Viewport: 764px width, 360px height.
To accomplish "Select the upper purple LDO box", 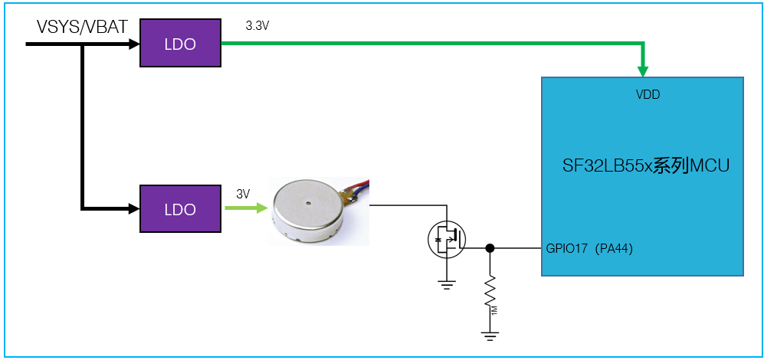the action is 180,44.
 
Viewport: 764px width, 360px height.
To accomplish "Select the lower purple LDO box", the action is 180,208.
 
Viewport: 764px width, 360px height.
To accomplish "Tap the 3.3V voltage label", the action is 257,26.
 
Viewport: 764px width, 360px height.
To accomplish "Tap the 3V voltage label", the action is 243,194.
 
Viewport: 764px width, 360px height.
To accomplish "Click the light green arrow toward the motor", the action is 247,208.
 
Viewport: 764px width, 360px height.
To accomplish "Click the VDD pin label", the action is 648,95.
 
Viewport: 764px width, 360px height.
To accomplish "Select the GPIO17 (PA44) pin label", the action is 589,250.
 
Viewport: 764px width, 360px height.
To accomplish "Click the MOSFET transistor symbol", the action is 447,239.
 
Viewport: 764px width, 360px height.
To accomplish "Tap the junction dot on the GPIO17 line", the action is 490,248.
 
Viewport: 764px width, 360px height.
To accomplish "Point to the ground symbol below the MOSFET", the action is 447,285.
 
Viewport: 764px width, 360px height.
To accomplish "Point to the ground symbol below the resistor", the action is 490,336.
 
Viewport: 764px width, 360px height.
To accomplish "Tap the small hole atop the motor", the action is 309,201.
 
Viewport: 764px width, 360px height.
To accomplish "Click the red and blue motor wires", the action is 357,189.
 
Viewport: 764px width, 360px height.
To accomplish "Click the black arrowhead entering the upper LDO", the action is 134,44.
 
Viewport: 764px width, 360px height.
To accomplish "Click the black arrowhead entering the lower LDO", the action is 134,208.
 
